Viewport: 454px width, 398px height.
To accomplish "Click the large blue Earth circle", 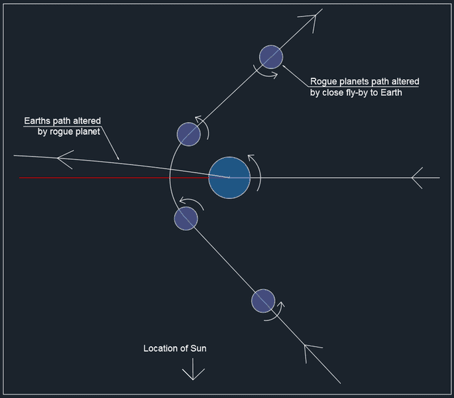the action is point(229,178).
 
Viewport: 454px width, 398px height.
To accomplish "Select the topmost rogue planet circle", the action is point(271,57).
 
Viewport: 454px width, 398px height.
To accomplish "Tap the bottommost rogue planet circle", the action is point(263,301).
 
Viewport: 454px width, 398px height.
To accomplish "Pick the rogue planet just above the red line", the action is point(189,134).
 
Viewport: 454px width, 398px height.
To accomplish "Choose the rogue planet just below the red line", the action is point(186,218).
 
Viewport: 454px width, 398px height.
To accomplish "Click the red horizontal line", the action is point(114,178).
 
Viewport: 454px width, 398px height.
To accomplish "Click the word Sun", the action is point(198,348).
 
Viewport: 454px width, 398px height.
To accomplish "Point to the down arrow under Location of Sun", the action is point(193,369).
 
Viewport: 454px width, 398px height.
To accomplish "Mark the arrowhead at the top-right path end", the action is point(313,19).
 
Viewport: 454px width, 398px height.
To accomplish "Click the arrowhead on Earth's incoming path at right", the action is point(417,178).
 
